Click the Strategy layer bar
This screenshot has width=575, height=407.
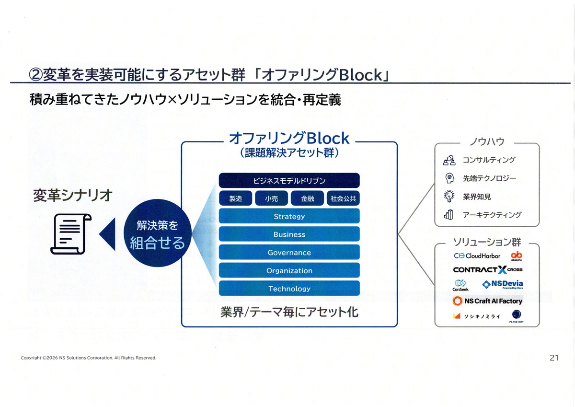click(289, 216)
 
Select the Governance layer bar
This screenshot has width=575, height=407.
click(289, 252)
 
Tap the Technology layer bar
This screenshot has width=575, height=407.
click(289, 288)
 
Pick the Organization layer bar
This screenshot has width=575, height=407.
click(289, 270)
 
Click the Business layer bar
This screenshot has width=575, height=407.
click(289, 234)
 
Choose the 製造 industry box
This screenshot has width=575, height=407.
click(235, 198)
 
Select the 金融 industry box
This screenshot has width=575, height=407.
click(307, 198)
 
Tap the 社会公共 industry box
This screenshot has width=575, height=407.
click(343, 198)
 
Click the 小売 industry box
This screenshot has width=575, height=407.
click(271, 198)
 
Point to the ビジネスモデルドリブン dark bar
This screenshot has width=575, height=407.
click(289, 181)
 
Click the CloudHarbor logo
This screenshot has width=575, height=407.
click(477, 256)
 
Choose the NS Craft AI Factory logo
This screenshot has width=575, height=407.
click(487, 301)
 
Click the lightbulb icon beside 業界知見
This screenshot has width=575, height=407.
click(449, 197)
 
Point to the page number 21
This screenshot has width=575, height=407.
click(554, 358)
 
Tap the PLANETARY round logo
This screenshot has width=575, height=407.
click(517, 315)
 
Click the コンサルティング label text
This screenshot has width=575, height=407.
click(489, 160)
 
